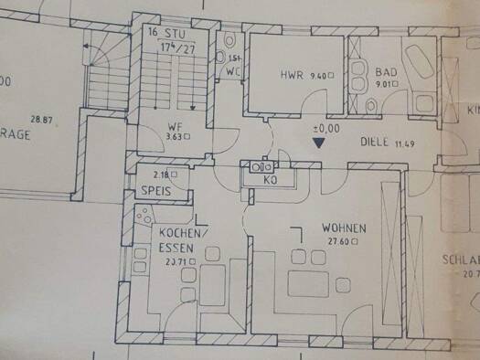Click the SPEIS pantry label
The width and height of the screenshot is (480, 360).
click(x=157, y=192)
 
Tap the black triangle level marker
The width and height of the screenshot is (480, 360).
click(x=318, y=143)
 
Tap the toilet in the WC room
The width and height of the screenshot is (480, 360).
click(x=229, y=43)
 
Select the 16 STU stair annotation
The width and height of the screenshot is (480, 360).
click(x=164, y=32)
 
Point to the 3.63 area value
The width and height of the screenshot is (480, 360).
click(x=175, y=138)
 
